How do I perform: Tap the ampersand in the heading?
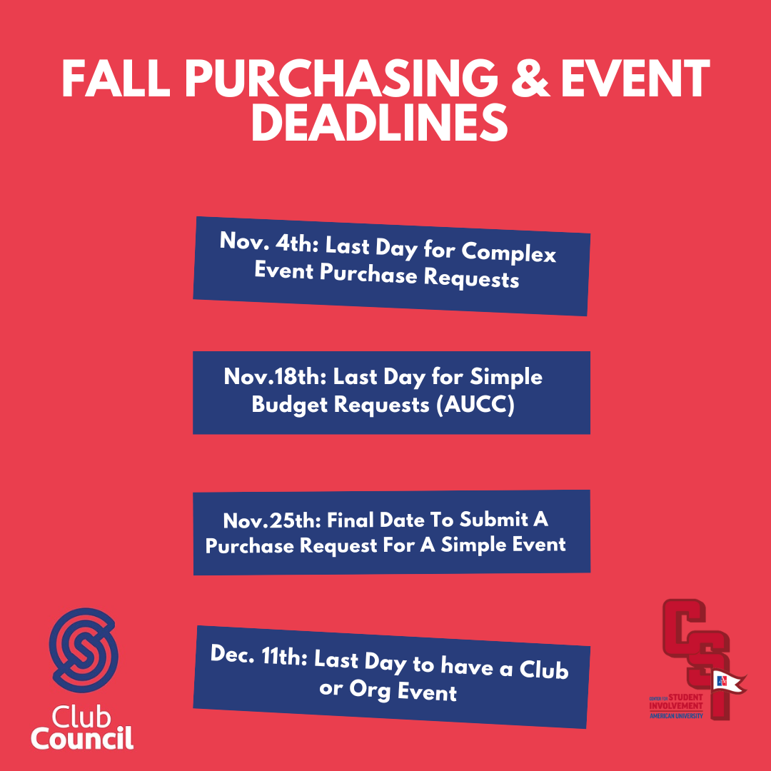tap(530, 79)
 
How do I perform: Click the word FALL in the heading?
tap(116, 79)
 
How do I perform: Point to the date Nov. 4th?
tap(269, 243)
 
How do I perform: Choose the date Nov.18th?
tap(275, 377)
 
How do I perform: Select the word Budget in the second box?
tap(289, 405)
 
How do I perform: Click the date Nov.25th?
tap(272, 520)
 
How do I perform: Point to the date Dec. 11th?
tap(258, 656)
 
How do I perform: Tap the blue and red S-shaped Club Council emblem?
tap(84, 650)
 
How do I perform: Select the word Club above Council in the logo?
tap(81, 717)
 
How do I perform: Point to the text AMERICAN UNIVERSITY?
tap(676, 716)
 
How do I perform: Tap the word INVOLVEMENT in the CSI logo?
tap(676, 706)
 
